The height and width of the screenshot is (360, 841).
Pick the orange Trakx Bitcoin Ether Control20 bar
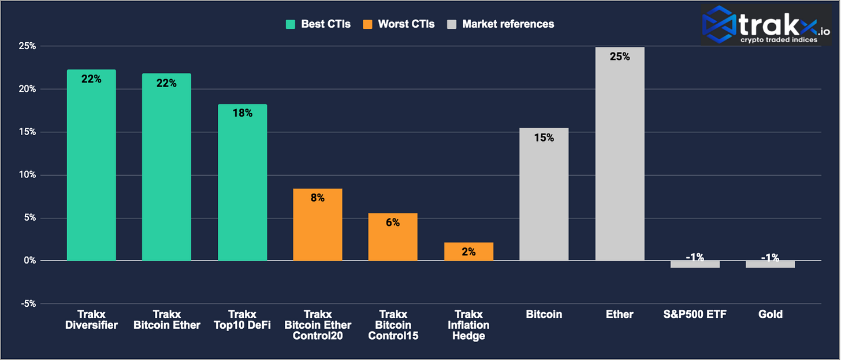318,225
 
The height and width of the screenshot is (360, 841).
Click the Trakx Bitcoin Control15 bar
393,237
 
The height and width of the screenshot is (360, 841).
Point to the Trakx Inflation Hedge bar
468,251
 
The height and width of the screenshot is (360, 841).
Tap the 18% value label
242,113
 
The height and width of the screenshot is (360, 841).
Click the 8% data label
318,198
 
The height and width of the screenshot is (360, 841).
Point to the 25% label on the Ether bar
620,57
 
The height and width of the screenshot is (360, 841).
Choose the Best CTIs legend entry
318,24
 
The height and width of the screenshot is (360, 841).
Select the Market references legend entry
501,24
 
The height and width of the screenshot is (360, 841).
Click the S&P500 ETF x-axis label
695,314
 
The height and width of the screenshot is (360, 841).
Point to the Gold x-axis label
771,314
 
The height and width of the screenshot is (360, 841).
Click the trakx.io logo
766,25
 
